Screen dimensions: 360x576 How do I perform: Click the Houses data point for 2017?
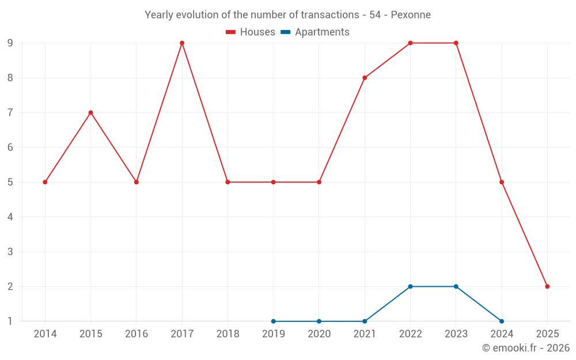point(182,43)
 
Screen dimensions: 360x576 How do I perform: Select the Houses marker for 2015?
point(90,112)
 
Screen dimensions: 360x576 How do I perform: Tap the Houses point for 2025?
point(547,286)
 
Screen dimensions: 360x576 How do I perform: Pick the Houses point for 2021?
point(365,78)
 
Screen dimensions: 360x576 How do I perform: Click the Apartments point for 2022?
point(410,286)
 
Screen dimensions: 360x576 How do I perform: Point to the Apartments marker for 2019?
point(273,321)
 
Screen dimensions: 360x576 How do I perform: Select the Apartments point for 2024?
point(502,321)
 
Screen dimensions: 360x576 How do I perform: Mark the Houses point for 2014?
point(45,182)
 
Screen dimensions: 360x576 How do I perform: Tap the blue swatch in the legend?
point(285,32)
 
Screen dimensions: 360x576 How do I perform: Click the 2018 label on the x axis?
point(228,334)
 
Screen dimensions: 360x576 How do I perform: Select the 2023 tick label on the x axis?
point(456,334)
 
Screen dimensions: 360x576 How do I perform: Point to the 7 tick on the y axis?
point(10,112)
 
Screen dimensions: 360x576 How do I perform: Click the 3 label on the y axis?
point(10,252)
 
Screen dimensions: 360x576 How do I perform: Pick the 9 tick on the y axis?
point(10,43)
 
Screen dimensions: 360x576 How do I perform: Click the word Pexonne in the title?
point(411,15)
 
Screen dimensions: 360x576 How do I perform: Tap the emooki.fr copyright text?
point(526,348)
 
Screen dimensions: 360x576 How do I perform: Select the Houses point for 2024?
point(502,182)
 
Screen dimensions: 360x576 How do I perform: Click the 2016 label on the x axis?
point(137,334)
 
